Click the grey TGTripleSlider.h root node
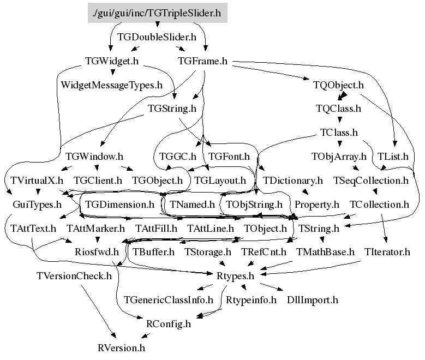tap(158, 13)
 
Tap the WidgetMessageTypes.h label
tap(112, 85)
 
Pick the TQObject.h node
tap(338, 85)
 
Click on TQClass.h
tap(338, 109)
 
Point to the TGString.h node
tap(172, 109)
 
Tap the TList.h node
tap(393, 157)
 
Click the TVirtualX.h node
tap(37, 180)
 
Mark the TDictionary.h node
tap(292, 180)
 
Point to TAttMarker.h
tap(95, 228)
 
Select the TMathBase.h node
tap(325, 252)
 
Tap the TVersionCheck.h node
tap(74, 276)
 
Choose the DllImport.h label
tap(313, 299)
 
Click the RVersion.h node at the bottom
tap(122, 347)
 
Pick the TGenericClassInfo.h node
tap(169, 299)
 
